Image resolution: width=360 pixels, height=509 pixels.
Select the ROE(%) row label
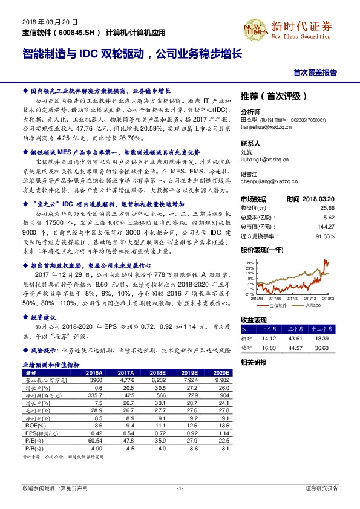click(x=31, y=426)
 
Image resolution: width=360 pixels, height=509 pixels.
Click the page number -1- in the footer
click(x=180, y=487)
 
